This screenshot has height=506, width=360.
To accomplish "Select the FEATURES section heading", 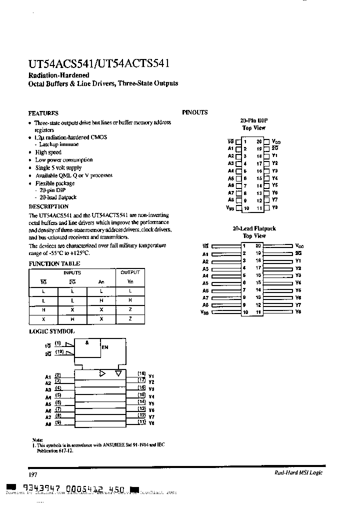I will click(43, 113).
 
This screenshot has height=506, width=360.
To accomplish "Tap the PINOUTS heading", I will click(195, 112).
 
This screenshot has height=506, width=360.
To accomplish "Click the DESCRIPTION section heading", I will click(48, 206).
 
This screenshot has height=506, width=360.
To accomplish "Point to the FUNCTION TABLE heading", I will click(54, 263).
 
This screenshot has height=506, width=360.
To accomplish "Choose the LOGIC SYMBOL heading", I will click(51, 331).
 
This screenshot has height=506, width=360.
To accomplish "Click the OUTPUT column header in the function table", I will click(130, 272).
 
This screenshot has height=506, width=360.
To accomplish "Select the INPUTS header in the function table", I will click(72, 272).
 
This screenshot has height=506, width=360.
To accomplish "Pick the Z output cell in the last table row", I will click(130, 318).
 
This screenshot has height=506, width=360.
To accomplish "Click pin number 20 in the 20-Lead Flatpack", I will click(258, 245).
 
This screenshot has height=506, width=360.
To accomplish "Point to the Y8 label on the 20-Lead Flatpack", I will click(298, 312).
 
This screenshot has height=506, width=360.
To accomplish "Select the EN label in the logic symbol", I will click(105, 346).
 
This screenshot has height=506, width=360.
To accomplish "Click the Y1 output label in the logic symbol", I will click(151, 376).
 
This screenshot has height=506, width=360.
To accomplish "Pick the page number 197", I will click(32, 473).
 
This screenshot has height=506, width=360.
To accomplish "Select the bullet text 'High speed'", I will click(48, 152).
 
